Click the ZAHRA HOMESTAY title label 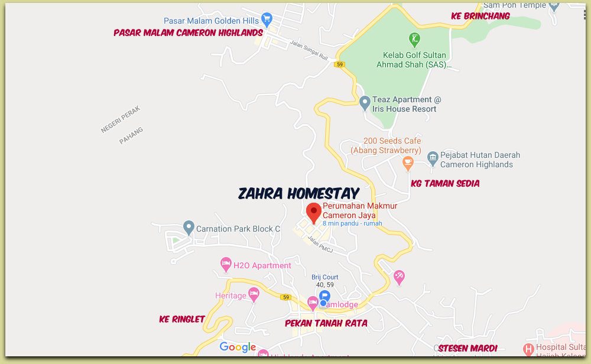(298, 193)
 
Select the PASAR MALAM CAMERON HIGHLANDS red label (188, 32)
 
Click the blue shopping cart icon (267, 19)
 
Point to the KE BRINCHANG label (480, 16)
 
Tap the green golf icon (415, 40)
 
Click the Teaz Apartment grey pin (365, 103)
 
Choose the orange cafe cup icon (408, 161)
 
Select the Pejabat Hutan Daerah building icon (432, 157)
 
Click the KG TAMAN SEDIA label (445, 184)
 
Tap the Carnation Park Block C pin (189, 226)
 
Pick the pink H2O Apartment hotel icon (225, 264)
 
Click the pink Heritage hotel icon (254, 294)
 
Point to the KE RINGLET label (182, 319)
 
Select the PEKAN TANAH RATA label (326, 323)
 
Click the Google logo (238, 347)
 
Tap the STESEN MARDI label (467, 348)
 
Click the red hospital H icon (528, 349)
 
